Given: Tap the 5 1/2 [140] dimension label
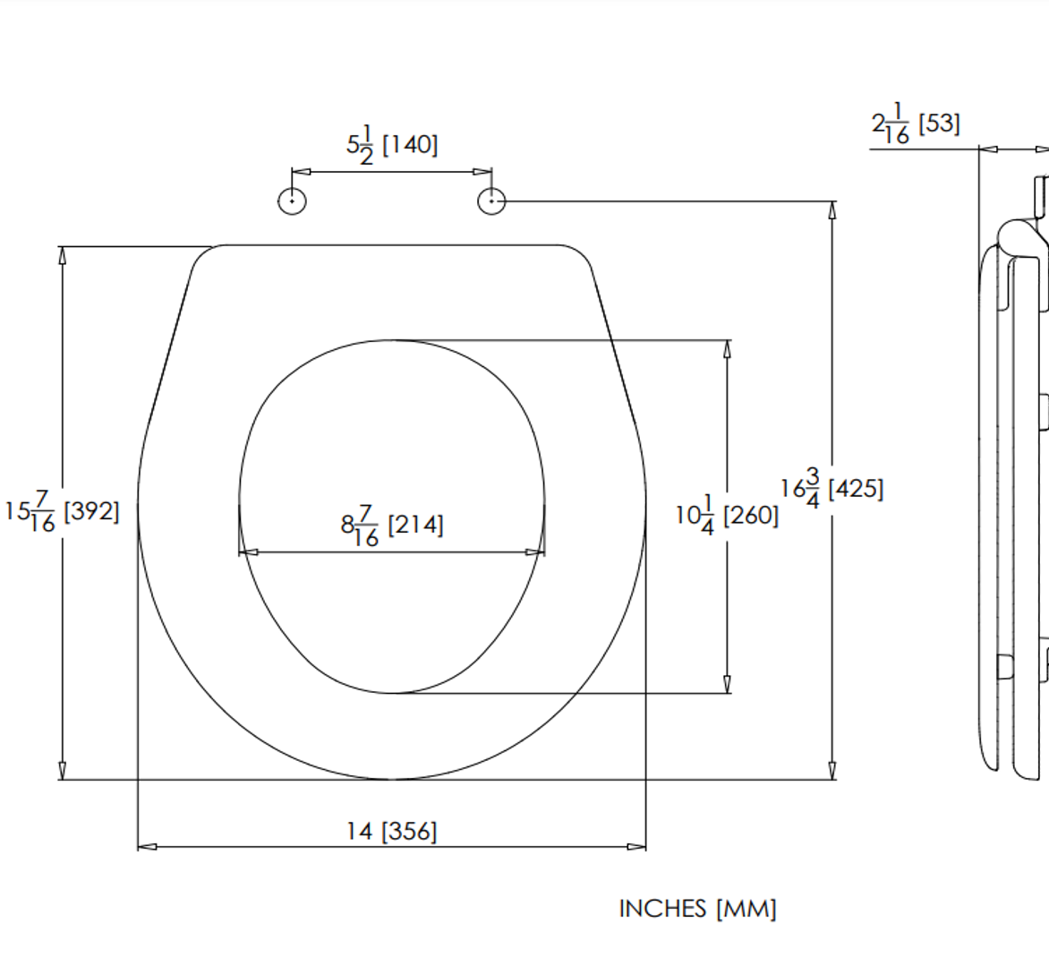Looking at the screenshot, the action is click(x=392, y=144).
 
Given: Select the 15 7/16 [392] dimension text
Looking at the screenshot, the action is click(x=62, y=511).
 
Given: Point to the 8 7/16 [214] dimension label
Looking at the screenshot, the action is click(x=392, y=526).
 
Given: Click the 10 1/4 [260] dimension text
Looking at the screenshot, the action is click(x=727, y=515).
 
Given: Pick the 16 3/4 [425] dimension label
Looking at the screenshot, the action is click(x=832, y=488).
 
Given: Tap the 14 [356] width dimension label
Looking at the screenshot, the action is click(x=392, y=832).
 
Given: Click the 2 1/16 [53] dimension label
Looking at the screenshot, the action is click(x=916, y=123).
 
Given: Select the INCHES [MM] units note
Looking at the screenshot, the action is click(x=698, y=909).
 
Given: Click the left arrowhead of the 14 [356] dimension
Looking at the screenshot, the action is click(x=147, y=847).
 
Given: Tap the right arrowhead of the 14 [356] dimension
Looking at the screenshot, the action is click(x=636, y=847).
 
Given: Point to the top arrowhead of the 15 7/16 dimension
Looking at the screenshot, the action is click(x=63, y=255).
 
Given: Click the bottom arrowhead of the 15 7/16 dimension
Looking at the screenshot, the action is click(x=63, y=770).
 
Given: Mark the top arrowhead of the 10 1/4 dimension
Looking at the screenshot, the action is click(x=727, y=350).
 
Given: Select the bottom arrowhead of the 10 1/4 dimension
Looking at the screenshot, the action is click(x=727, y=684).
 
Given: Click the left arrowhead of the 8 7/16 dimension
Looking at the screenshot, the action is click(x=249, y=552).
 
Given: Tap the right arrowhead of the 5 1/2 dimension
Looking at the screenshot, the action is click(x=482, y=172).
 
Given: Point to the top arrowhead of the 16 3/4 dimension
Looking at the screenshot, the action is click(x=832, y=210).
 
